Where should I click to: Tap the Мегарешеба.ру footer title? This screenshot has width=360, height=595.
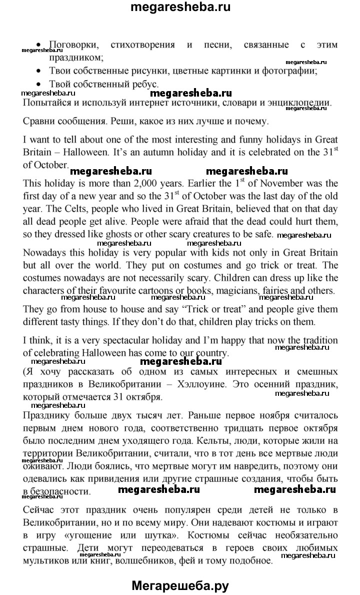180,584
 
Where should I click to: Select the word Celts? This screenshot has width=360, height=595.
79,208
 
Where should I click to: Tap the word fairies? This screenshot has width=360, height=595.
306,290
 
